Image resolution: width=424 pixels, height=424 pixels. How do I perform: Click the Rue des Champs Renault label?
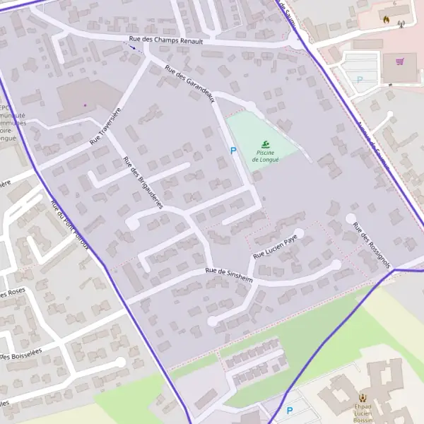(x=165, y=41)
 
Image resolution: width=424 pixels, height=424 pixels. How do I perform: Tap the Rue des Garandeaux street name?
(x=189, y=84)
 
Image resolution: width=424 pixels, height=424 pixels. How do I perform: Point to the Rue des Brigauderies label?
(x=143, y=182)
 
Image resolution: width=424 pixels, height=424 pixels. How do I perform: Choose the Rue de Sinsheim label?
(x=229, y=274)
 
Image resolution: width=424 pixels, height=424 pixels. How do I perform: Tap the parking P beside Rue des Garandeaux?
(x=232, y=151)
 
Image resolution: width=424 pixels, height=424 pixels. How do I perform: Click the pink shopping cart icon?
(x=400, y=61)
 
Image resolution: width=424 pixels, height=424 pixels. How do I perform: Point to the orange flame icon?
(x=387, y=20)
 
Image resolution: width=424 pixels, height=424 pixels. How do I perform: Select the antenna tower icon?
(x=401, y=24)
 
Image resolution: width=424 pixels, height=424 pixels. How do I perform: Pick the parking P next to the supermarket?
(x=360, y=81)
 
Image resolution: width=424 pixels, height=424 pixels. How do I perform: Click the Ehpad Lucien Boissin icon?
(x=363, y=398)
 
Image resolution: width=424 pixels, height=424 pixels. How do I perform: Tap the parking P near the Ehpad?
(x=289, y=411)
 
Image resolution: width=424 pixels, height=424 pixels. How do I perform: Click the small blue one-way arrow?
(x=132, y=47)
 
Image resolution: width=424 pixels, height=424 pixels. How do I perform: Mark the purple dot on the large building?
(x=85, y=105)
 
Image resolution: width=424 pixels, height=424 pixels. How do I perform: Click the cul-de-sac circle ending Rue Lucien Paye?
(x=300, y=232)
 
